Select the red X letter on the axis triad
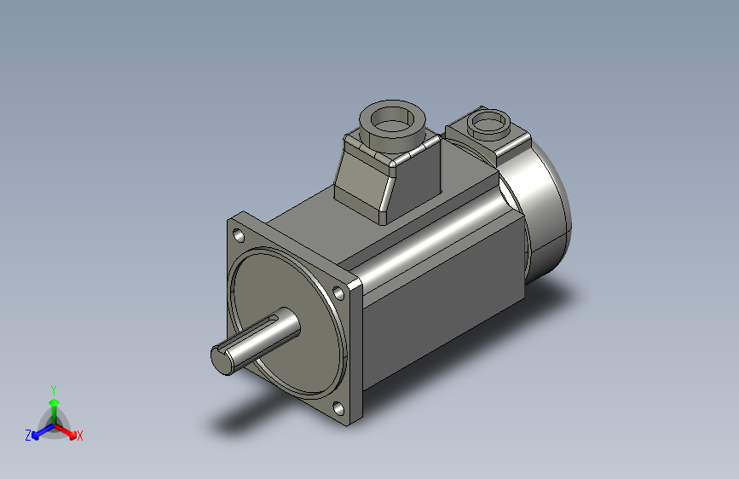pos(80,436)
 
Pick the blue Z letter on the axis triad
pos(28,436)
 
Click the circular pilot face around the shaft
pos(290,358)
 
